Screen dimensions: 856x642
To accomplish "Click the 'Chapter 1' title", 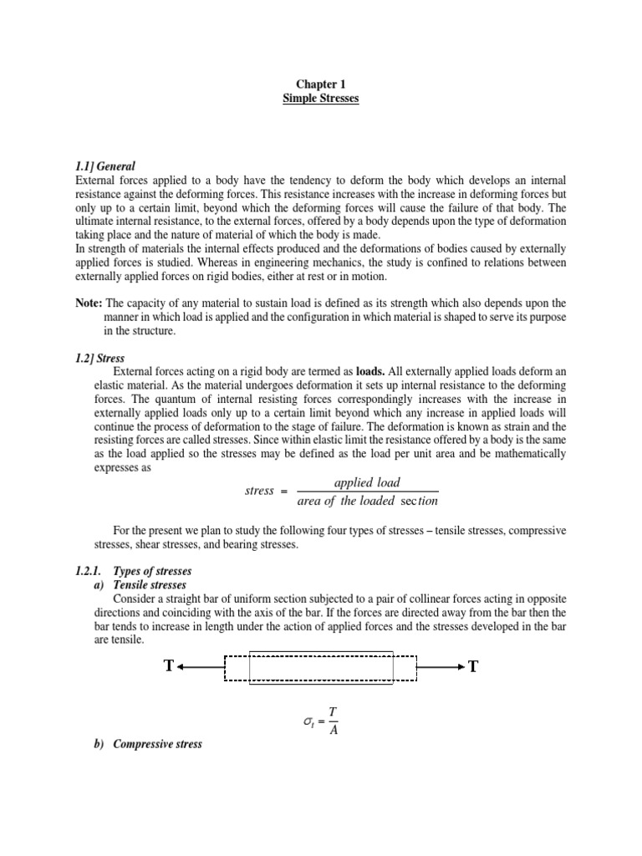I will click(x=320, y=84).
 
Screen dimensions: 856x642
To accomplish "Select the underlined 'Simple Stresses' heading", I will click(x=320, y=99).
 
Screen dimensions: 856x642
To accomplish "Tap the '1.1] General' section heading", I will click(x=104, y=166).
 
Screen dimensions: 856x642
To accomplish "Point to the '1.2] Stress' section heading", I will click(x=99, y=358).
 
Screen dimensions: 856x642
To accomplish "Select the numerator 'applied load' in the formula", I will click(x=367, y=482).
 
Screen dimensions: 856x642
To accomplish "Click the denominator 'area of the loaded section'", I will click(x=367, y=501).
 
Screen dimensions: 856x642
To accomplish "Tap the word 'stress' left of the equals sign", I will click(x=259, y=491).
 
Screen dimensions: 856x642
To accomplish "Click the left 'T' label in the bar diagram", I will click(x=169, y=666).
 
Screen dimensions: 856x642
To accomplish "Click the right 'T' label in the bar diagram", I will click(x=474, y=666).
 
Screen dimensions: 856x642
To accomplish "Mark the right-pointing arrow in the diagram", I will click(x=441, y=667).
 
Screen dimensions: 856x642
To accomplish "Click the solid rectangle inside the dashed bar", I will click(x=321, y=667).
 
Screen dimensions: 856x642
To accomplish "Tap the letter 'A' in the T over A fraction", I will click(x=333, y=728).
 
